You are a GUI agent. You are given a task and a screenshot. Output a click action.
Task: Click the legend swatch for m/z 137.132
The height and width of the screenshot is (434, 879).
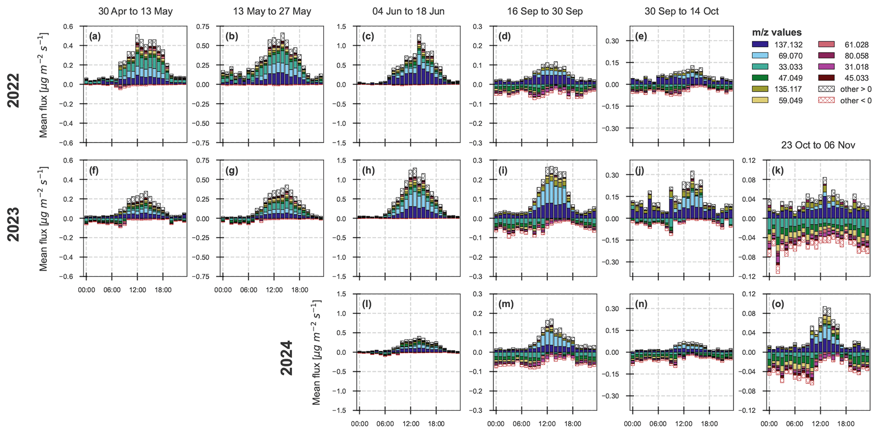coord(760,44)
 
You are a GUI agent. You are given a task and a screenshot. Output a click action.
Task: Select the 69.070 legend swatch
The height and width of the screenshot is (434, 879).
coord(760,56)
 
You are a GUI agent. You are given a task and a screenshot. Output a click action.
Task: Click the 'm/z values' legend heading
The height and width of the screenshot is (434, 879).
coord(777,32)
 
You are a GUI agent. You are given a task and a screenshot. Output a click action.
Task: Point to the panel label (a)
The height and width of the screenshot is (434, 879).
coord(95,37)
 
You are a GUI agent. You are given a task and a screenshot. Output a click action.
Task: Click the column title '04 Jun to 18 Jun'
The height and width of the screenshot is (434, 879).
coord(408,11)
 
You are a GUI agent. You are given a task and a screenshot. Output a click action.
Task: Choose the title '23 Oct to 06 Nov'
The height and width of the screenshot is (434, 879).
coord(818,146)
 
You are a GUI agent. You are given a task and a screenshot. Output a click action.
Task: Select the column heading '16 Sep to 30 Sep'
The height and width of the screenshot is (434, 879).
coord(545,11)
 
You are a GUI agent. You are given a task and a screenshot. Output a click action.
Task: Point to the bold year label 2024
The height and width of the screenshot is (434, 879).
coord(287,358)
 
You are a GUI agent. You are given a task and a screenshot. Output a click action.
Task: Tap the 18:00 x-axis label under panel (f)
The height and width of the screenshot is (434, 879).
coord(163,290)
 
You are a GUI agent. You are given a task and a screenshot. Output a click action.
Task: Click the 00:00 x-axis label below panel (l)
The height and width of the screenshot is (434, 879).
coord(359,424)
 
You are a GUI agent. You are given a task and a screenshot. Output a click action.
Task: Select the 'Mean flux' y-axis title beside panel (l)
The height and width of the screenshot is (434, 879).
coord(316,352)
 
